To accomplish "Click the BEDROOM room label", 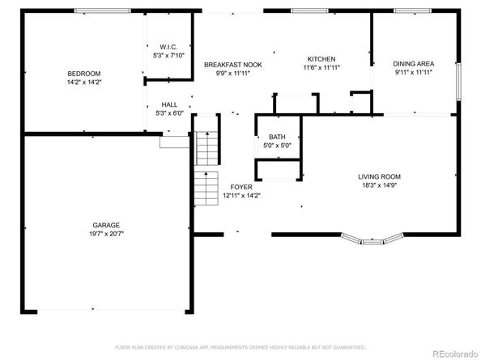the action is (x=84, y=74).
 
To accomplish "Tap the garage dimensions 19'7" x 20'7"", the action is (x=106, y=234).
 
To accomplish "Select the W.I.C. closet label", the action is (x=168, y=47).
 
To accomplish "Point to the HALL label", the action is (x=169, y=104).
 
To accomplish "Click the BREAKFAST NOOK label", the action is (x=233, y=65).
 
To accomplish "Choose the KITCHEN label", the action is (x=321, y=59).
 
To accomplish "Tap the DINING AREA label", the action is (x=414, y=64).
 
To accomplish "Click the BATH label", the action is (x=277, y=137).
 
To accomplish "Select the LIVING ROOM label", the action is (x=380, y=177).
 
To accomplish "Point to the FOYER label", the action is (x=241, y=187).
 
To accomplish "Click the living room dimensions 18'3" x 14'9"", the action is (x=380, y=185).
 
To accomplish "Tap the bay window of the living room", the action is (x=372, y=239).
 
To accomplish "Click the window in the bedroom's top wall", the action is (x=103, y=11).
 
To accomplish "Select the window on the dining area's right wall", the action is (x=458, y=82).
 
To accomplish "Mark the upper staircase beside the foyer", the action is (x=207, y=148).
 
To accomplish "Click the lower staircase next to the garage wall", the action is (x=206, y=188).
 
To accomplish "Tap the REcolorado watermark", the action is (x=455, y=354).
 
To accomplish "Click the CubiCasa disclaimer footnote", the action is (x=240, y=347).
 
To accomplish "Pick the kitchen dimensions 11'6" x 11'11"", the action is (x=321, y=68).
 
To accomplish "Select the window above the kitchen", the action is (x=309, y=11).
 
